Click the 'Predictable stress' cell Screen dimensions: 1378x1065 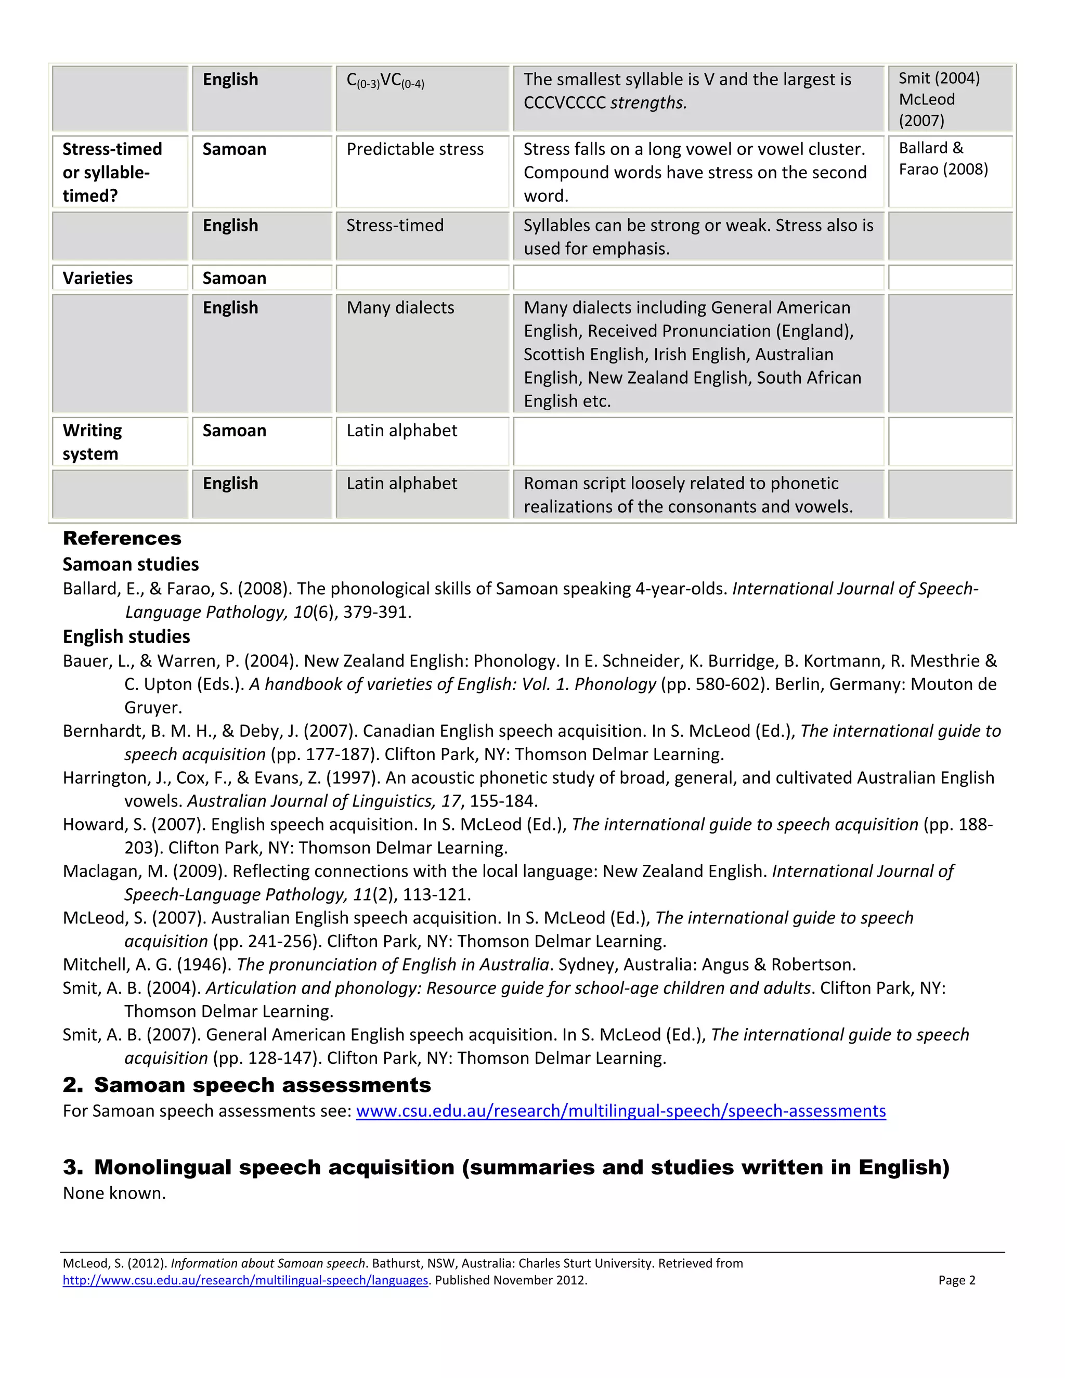coord(414,150)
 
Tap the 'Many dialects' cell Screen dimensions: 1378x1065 coord(400,307)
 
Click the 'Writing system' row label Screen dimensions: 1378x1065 coord(92,441)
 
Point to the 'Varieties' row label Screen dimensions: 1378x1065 coord(97,278)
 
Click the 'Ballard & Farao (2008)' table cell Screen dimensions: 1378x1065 coord(943,159)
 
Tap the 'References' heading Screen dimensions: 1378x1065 coord(122,538)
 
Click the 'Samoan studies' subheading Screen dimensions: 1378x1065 coord(131,564)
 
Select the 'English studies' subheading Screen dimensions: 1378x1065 coord(126,636)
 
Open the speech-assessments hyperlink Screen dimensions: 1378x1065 coord(620,1111)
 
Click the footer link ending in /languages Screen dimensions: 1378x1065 coord(245,1280)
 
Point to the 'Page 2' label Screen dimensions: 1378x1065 coord(956,1280)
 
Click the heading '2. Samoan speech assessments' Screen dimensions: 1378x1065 coord(246,1085)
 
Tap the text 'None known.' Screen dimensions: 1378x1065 coord(114,1193)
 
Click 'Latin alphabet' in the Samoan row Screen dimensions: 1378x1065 coord(401,431)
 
